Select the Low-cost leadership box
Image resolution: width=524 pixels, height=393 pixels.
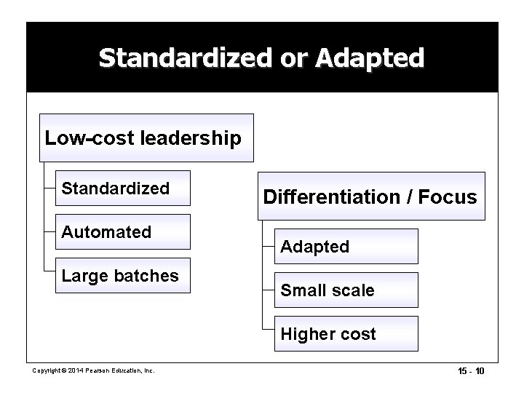point(146,137)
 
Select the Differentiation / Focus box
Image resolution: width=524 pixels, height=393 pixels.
point(370,196)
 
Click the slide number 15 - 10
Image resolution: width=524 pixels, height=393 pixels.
point(470,371)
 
